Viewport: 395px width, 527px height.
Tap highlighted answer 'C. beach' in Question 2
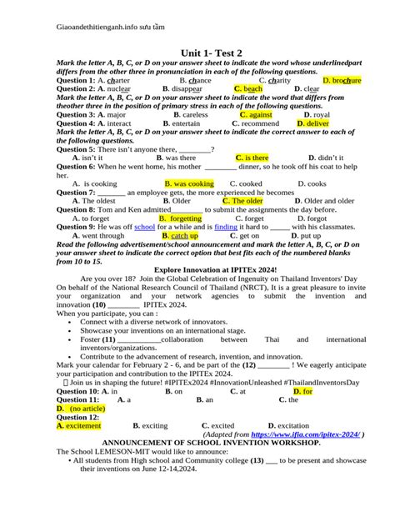pyautogui.click(x=248, y=88)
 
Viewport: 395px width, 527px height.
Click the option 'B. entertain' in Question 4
pyautogui.click(x=180, y=123)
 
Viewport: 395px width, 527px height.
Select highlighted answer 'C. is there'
pyautogui.click(x=252, y=157)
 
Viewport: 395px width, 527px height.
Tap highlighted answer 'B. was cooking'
pyautogui.click(x=189, y=183)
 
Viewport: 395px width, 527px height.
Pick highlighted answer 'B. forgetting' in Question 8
pyautogui.click(x=180, y=218)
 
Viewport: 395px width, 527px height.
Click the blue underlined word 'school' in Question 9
pyautogui.click(x=144, y=227)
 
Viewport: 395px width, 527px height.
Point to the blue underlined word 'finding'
pyautogui.click(x=226, y=227)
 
